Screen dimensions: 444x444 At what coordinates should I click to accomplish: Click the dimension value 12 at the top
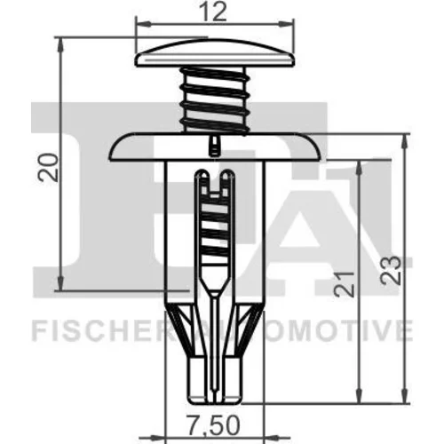tap(215, 12)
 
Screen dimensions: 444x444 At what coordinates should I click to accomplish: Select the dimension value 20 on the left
tap(48, 167)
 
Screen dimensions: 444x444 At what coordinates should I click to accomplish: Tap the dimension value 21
tap(345, 284)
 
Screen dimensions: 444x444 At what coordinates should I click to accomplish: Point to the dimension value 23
tap(391, 271)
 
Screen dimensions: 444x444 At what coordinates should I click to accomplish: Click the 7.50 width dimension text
tap(213, 425)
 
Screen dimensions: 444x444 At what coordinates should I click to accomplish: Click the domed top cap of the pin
tap(215, 52)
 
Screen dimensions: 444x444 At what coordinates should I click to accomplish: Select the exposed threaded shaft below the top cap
tap(215, 100)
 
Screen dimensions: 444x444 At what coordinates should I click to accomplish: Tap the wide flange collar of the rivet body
tap(215, 147)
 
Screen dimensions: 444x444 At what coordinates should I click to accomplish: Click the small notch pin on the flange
tap(214, 146)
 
